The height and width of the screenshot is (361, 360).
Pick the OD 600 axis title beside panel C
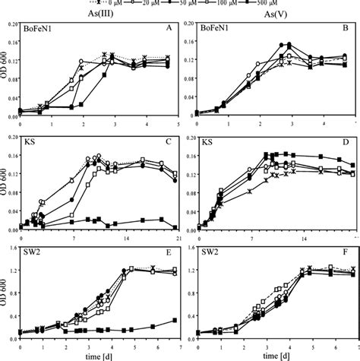tap(6, 182)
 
